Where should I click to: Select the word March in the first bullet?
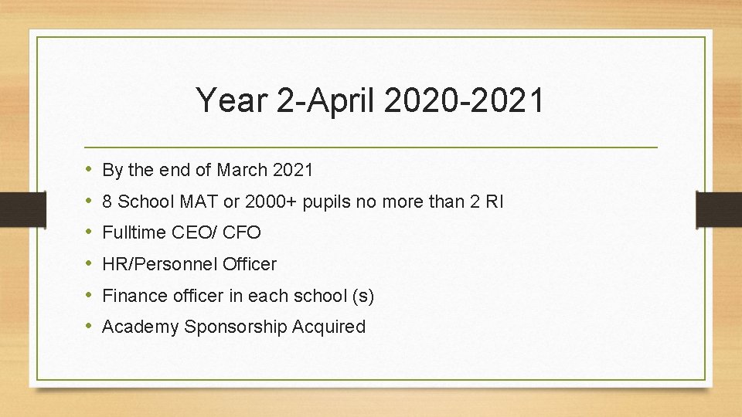243,170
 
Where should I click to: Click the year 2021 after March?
294,170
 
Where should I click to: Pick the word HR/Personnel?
160,264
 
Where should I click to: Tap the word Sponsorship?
235,327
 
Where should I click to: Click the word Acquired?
328,327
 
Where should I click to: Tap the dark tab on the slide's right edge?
719,208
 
